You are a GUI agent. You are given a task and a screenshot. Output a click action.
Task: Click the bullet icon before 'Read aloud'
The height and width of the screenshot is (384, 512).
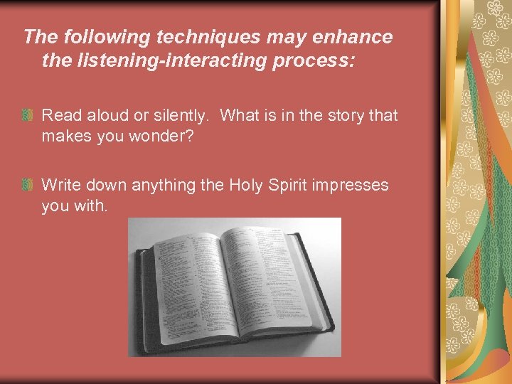pyautogui.click(x=27, y=115)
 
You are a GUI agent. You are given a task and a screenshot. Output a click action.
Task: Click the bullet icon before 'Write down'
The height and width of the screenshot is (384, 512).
pyautogui.click(x=27, y=186)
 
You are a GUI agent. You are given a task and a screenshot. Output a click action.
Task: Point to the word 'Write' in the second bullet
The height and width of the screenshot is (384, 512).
pyautogui.click(x=60, y=186)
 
